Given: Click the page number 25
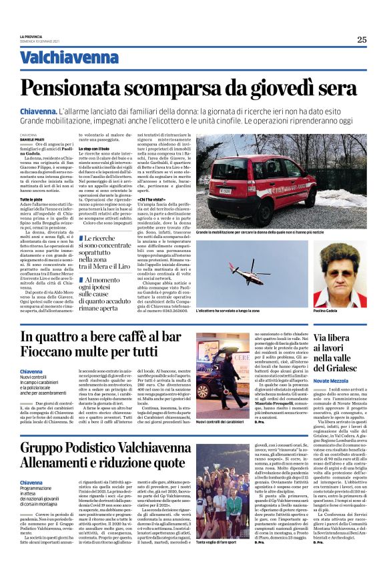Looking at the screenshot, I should (x=361, y=39).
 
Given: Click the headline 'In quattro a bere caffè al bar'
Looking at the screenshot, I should (x=101, y=337).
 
